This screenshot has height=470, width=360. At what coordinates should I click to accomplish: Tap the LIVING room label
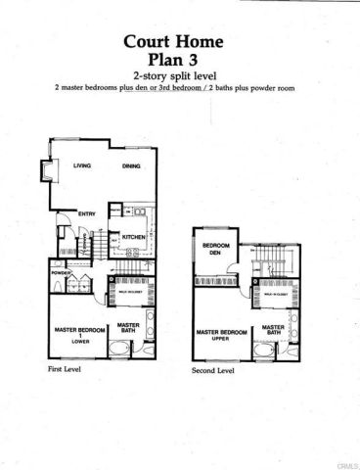(x=82, y=165)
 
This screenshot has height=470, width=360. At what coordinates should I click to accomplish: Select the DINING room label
(x=132, y=165)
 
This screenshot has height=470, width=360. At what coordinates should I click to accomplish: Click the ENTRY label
(x=86, y=213)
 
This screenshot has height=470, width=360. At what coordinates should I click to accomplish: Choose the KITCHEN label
(x=134, y=236)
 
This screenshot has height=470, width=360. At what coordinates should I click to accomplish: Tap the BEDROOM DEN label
(x=215, y=250)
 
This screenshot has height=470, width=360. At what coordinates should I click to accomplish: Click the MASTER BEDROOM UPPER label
(x=220, y=336)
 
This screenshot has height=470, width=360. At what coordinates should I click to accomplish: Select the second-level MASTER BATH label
(x=273, y=330)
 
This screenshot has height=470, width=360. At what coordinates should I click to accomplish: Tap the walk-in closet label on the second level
(x=275, y=293)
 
